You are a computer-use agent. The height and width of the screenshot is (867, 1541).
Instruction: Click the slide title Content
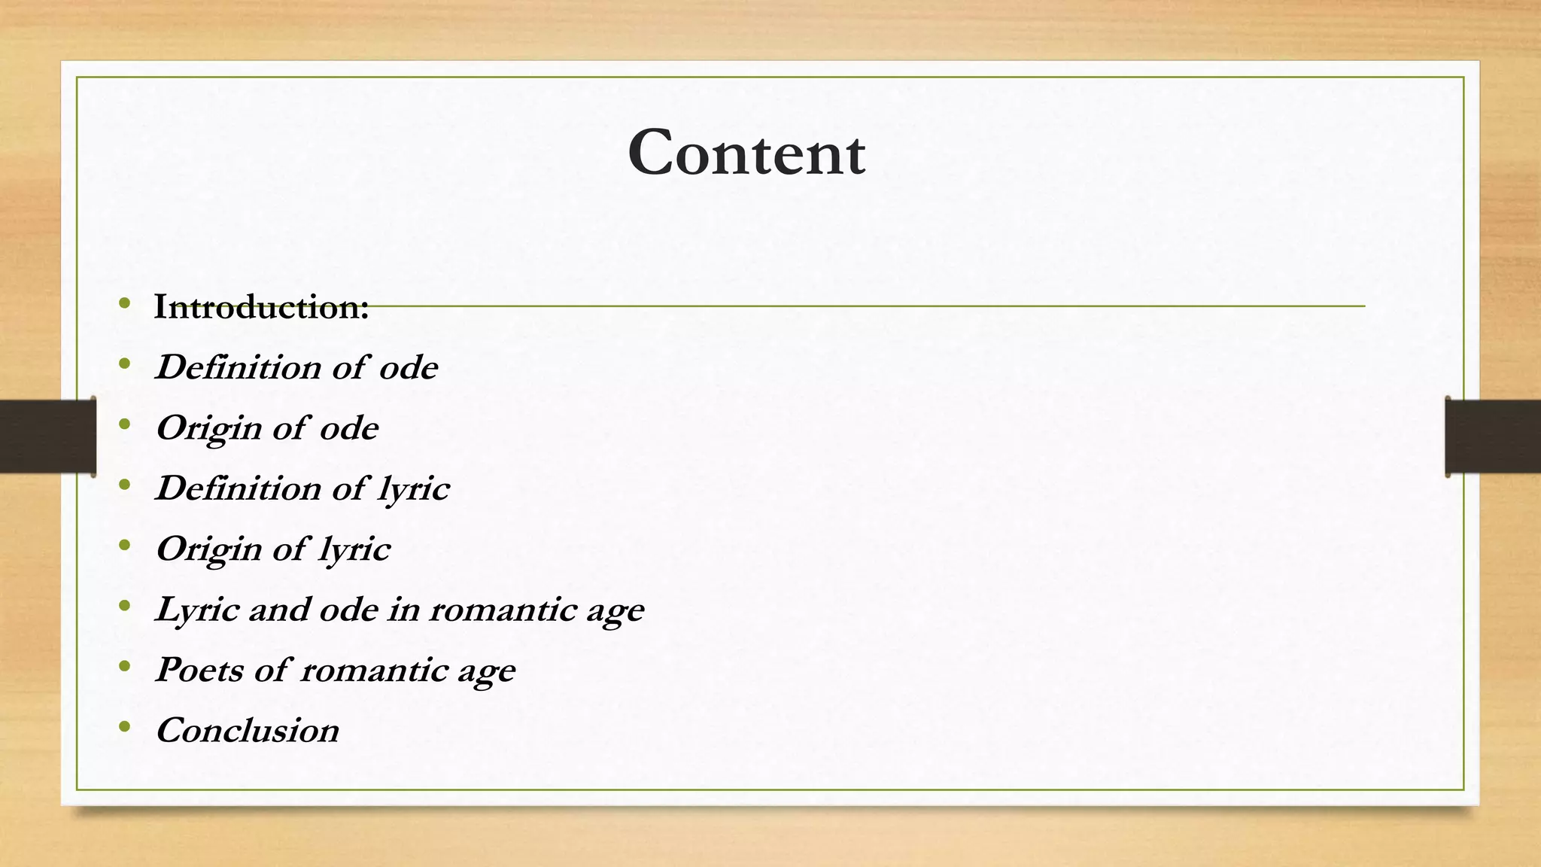pyautogui.click(x=746, y=153)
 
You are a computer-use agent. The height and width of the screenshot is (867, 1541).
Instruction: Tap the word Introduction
pyautogui.click(x=260, y=307)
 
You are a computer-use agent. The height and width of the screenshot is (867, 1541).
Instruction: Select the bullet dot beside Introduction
pyautogui.click(x=125, y=304)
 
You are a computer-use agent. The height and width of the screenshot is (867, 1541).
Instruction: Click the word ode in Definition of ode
pyautogui.click(x=408, y=368)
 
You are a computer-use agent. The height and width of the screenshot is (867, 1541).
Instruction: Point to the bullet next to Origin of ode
pyautogui.click(x=125, y=425)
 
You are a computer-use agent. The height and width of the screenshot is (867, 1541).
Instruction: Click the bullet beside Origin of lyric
pyautogui.click(x=125, y=546)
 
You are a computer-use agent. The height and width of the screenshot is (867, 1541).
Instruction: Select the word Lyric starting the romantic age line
pyautogui.click(x=196, y=610)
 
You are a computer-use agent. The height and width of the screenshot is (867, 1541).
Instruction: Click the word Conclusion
pyautogui.click(x=248, y=730)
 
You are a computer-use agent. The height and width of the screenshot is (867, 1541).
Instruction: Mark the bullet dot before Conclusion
pyautogui.click(x=125, y=727)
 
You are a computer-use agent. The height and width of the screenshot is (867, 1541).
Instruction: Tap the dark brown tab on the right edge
pyautogui.click(x=1493, y=437)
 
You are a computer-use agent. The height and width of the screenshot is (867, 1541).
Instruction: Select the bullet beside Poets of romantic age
pyautogui.click(x=125, y=667)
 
